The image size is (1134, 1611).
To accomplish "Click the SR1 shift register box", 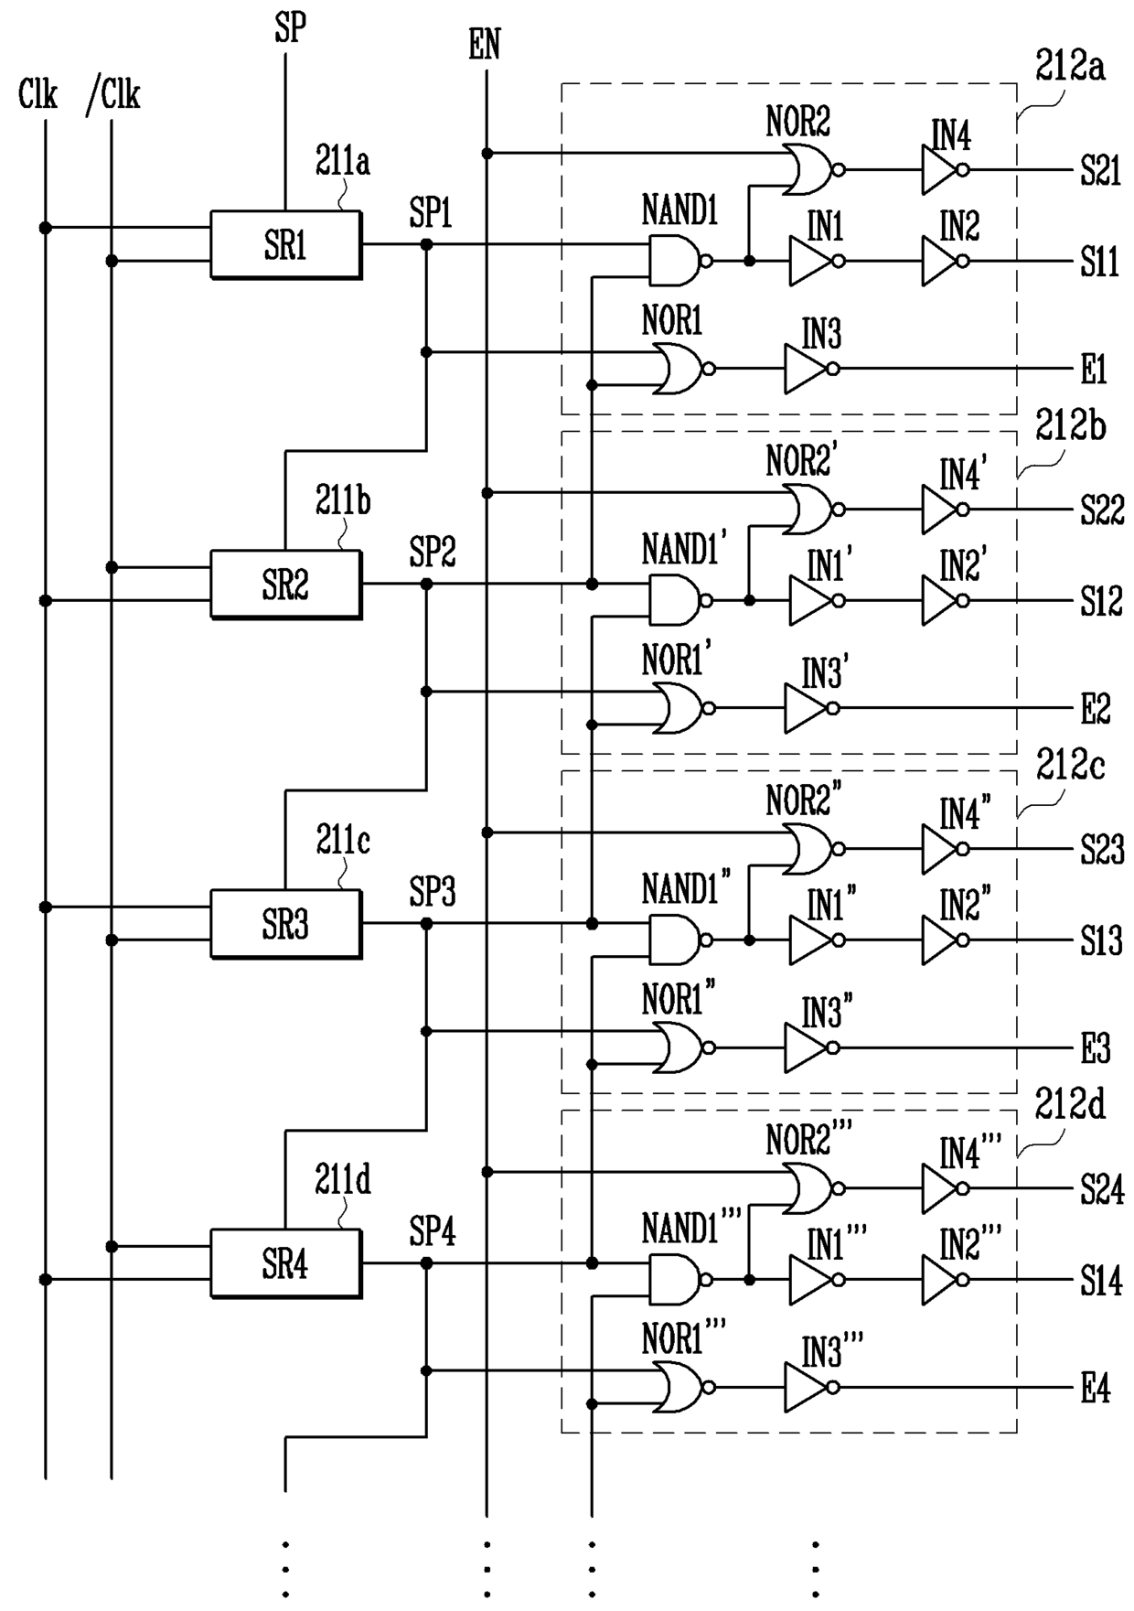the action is (286, 245).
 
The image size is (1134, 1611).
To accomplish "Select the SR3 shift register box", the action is (286, 924).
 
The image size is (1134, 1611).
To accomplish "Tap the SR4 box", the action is (286, 1263).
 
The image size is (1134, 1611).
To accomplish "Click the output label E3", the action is (1095, 1048).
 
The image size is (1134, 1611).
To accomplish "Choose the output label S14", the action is (1101, 1281).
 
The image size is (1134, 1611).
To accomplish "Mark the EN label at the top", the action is (485, 44).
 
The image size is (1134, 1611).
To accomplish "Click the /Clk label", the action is (113, 95).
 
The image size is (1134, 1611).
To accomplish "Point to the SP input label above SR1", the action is (290, 28).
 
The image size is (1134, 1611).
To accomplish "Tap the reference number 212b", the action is (1070, 426).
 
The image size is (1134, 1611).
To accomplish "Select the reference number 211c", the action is (343, 840).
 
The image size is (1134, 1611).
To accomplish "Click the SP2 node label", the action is (432, 553).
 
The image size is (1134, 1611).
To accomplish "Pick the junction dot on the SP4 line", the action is (426, 1263).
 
